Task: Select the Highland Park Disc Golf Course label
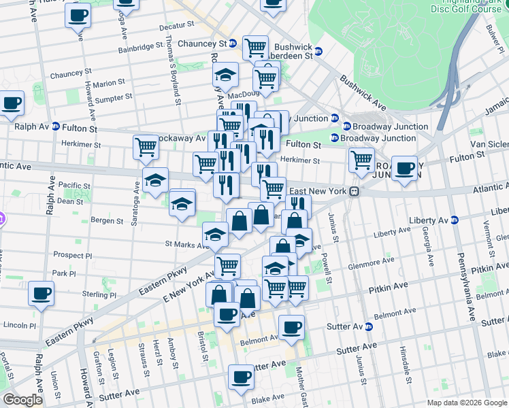[467, 7]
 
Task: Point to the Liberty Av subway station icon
[455, 220]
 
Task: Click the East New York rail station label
[318, 192]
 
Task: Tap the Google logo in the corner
[23, 400]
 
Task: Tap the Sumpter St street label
[113, 99]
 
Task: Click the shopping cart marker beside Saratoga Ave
[146, 146]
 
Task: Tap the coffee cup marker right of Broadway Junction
[404, 168]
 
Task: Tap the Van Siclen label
[489, 145]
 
